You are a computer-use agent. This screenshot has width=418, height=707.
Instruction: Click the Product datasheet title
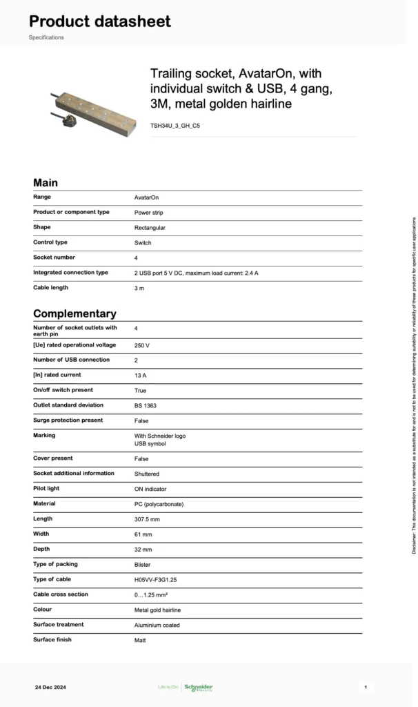point(99,21)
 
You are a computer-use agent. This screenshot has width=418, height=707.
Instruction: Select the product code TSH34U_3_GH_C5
point(175,126)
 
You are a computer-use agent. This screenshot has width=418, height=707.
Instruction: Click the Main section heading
point(46,183)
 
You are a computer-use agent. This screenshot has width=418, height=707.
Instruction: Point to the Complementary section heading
point(74,313)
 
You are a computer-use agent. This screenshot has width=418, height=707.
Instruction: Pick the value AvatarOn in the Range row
point(146,197)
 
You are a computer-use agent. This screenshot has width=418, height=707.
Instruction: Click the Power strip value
point(149,213)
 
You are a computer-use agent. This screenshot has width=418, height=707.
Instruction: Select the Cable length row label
point(50,287)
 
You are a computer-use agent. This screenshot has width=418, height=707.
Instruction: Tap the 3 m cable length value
point(139,288)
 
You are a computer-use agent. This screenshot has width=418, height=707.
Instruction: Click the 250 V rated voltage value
point(142,345)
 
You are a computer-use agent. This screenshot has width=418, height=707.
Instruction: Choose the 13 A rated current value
point(141,376)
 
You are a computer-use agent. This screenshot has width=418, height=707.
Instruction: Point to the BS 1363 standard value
point(146,406)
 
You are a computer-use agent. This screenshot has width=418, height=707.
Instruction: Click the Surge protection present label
point(68,420)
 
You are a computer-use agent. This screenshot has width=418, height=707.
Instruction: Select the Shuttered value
point(147,474)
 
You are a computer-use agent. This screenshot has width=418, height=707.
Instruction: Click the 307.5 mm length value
point(147,519)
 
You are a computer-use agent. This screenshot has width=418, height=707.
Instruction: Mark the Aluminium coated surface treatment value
point(157,626)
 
